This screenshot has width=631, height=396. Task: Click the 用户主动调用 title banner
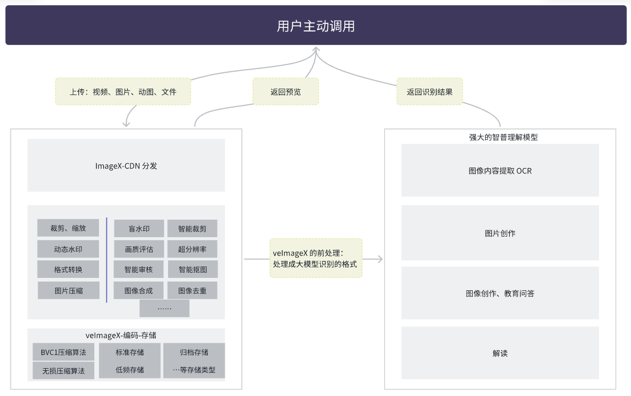coord(315,25)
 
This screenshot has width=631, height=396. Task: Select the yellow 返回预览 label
coord(286,92)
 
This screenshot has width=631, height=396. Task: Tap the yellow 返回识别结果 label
coord(429,92)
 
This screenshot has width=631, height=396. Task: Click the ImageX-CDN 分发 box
coord(126,166)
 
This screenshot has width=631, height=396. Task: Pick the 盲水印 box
coord(139,228)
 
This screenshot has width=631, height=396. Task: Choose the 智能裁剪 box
coord(192,228)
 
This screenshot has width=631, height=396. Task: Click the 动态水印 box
coord(68,249)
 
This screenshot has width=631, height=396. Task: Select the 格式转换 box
coord(68,269)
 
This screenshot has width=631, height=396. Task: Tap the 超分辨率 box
coord(192,249)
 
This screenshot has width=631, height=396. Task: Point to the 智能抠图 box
coord(192,269)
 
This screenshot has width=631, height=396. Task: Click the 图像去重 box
coord(192,290)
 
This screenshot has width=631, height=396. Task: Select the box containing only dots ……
coord(164,308)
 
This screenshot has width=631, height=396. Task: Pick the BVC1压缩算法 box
coord(63,353)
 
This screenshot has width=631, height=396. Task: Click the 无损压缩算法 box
coord(63,371)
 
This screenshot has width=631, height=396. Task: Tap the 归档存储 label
coord(194,353)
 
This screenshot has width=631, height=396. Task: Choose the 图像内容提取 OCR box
coord(500,170)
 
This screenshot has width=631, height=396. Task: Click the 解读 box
coord(500,353)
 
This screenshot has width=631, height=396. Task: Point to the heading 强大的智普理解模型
coord(500,137)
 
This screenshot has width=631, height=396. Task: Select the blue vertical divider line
coord(107,259)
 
